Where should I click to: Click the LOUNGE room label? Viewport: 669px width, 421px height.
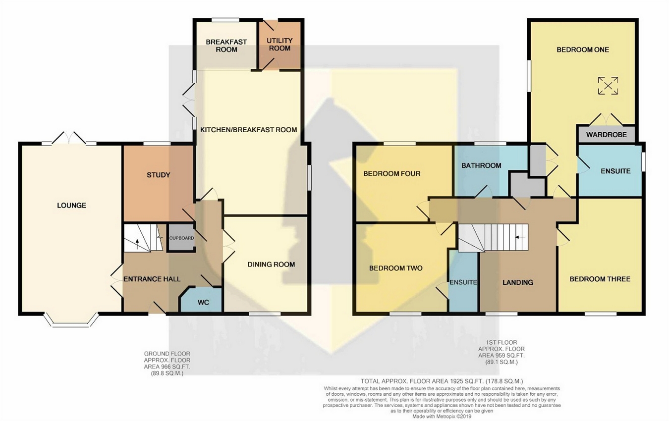pyautogui.click(x=71, y=206)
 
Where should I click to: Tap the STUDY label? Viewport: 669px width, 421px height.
pyautogui.click(x=158, y=175)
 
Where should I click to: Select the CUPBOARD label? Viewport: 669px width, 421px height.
pyautogui.click(x=181, y=238)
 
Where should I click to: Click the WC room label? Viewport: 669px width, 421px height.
pyautogui.click(x=203, y=303)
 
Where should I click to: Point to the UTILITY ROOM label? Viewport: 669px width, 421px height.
pyautogui.click(x=279, y=45)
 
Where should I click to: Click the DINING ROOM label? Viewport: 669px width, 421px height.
pyautogui.click(x=271, y=264)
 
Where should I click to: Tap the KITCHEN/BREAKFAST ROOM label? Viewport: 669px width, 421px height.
pyautogui.click(x=248, y=130)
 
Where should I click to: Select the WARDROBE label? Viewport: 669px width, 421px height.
pyautogui.click(x=606, y=135)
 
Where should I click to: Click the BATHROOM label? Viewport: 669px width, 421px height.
pyautogui.click(x=481, y=165)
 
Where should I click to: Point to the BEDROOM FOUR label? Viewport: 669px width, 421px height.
pyautogui.click(x=391, y=173)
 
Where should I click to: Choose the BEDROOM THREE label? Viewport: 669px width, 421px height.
pyautogui.click(x=600, y=279)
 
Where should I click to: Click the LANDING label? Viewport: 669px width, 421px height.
pyautogui.click(x=517, y=282)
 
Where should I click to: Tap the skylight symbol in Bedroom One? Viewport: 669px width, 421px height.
pyautogui.click(x=608, y=86)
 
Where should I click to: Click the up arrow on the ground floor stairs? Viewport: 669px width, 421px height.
pyautogui.click(x=137, y=244)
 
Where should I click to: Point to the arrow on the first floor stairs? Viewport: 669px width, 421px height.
pyautogui.click(x=520, y=237)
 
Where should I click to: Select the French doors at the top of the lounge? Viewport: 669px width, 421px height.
pyautogui.click(x=69, y=138)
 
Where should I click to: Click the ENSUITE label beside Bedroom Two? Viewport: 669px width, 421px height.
pyautogui.click(x=463, y=282)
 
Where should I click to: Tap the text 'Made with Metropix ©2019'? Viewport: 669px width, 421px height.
pyautogui.click(x=442, y=416)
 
